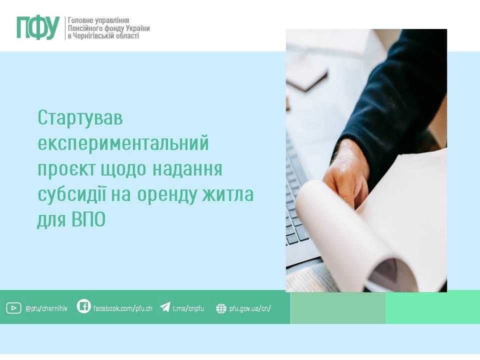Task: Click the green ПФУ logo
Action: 38,27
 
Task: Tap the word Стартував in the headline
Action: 80,119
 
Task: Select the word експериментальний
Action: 122,144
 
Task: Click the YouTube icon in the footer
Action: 13,308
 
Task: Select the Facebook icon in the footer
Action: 84,306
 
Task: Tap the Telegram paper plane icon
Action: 165,307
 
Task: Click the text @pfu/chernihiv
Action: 48,308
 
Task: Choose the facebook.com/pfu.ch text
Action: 123,308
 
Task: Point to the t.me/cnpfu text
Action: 188,308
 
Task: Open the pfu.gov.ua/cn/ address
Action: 250,308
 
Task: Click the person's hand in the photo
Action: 345,172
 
